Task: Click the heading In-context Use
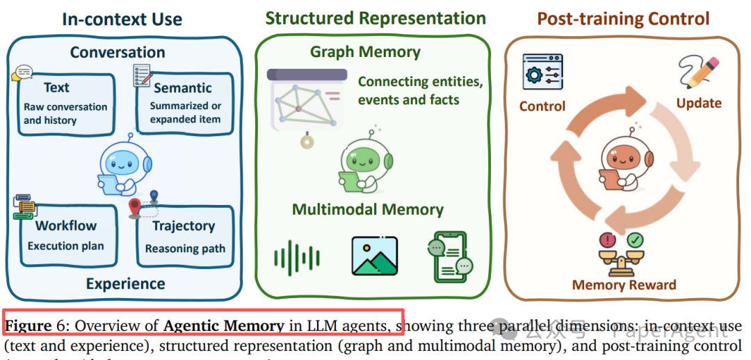(122, 19)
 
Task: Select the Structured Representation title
(375, 17)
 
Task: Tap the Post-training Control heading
(623, 18)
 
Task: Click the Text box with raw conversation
(65, 104)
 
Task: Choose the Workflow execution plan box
(65, 235)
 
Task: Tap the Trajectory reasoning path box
(184, 236)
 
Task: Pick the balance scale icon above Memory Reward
(622, 254)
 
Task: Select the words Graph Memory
(365, 51)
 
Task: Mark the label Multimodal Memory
(367, 209)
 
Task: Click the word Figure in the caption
(29, 326)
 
